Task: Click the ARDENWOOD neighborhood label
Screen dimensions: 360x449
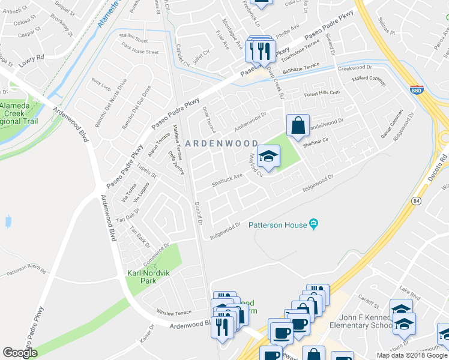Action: tap(221, 143)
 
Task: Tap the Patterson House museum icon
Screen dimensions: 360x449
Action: tap(313, 224)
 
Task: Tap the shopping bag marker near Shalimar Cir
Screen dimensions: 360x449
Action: tap(298, 126)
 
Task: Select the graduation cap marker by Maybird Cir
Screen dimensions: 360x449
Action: tap(268, 157)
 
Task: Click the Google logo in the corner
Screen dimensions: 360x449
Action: tap(20, 353)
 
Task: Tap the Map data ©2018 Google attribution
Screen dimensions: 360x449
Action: tap(411, 355)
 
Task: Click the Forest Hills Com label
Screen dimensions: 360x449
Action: tap(322, 93)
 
